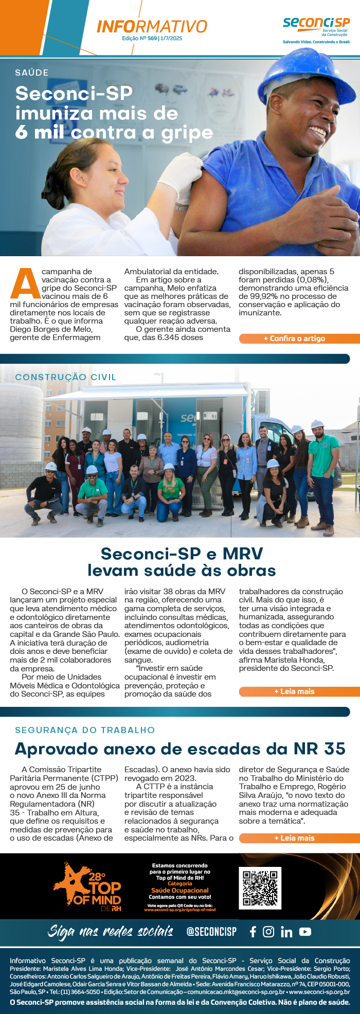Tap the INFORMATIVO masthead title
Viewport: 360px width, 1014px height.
coord(152,26)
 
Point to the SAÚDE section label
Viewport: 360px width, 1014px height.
coord(32,73)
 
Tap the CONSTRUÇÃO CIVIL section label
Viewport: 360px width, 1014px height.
coord(66,377)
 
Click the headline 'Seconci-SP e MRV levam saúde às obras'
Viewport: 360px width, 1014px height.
coord(182,562)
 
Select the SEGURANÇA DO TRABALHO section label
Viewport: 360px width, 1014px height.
coord(85,730)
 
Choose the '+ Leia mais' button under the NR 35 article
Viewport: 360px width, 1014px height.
coord(298,838)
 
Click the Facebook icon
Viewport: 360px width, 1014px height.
coord(253,932)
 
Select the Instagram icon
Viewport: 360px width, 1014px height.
coord(268,932)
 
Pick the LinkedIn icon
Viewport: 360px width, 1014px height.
coord(286,932)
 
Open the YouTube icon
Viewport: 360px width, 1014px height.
coord(305,932)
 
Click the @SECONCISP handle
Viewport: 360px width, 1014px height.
coord(211,932)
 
